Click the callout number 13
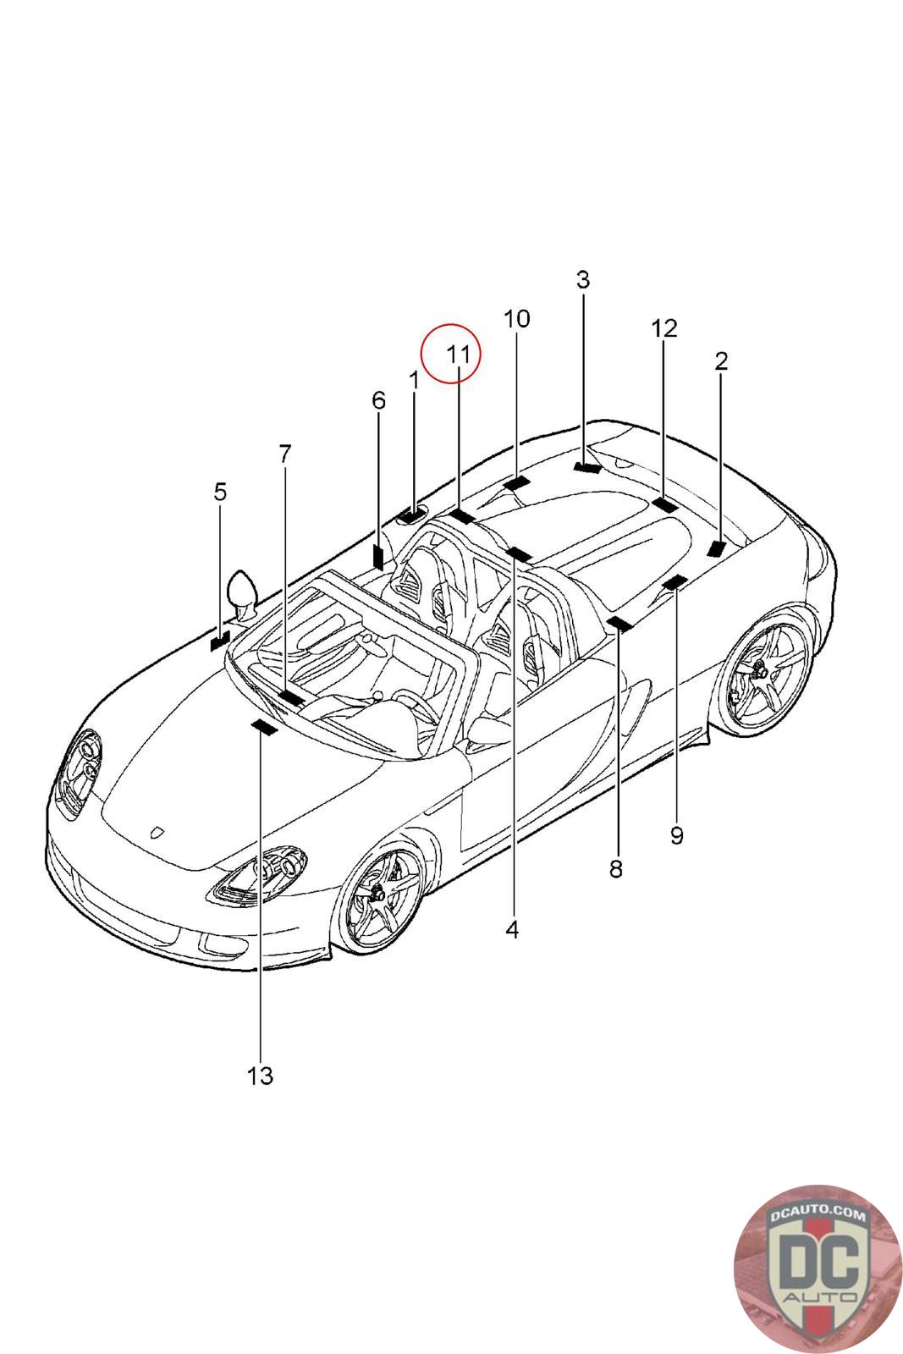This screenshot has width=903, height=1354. (260, 1076)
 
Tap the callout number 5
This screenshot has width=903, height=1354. (220, 492)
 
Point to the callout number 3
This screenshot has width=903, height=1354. (582, 279)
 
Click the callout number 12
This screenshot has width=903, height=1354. (664, 327)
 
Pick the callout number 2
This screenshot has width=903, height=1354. (720, 361)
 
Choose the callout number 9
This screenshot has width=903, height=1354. (676, 835)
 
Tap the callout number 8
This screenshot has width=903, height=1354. (615, 868)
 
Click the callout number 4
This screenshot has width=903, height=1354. (511, 929)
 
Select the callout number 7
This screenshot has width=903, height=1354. (284, 454)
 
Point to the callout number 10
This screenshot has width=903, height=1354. (516, 319)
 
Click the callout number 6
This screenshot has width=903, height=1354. (378, 400)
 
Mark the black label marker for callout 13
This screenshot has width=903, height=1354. (264, 728)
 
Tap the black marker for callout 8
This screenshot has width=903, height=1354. (619, 625)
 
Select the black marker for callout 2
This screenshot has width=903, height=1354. (717, 548)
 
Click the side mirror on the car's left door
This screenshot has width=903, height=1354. (242, 590)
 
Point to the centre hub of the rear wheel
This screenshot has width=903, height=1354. (757, 670)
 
